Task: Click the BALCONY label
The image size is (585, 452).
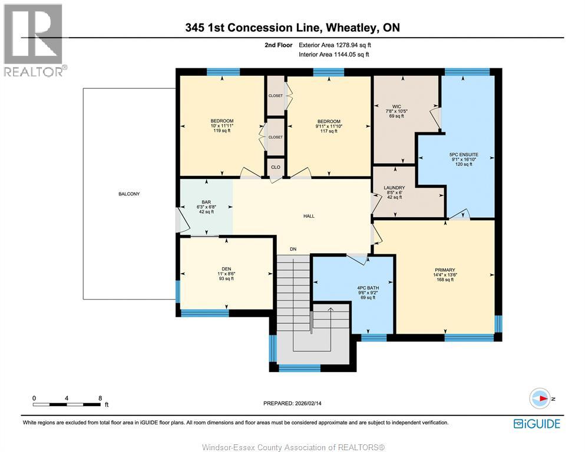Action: pos(129,194)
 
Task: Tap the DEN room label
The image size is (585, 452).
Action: pos(226,269)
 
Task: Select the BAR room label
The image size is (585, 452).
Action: pos(206,202)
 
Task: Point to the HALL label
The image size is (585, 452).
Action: pos(309,216)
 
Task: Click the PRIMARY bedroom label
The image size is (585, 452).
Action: pos(445,270)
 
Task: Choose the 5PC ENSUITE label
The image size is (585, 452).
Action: pos(464,155)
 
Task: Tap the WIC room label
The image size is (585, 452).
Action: pos(396,107)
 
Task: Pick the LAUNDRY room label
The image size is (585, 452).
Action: pos(394,188)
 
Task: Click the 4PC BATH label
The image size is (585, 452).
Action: pos(368,288)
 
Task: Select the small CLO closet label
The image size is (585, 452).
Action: pos(276,167)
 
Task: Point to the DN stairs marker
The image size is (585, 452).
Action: pos(293,250)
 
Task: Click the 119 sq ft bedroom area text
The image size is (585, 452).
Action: pos(222,131)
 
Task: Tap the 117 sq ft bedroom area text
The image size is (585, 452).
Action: pos(329,131)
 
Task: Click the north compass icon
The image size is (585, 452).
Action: pos(540,398)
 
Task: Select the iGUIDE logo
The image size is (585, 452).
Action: pos(537,424)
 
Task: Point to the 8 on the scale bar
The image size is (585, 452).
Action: pos(100,398)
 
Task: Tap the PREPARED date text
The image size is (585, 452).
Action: pos(292,403)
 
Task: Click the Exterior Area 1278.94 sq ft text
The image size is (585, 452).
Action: pos(335,45)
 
